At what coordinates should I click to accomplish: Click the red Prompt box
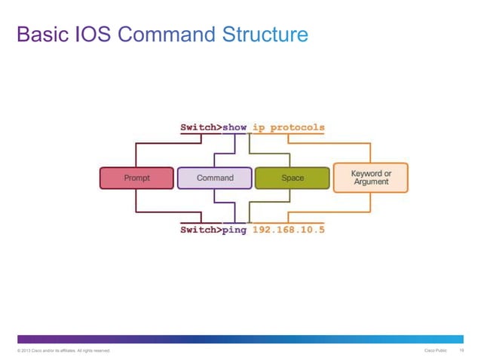(x=136, y=178)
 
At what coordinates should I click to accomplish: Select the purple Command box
(x=215, y=178)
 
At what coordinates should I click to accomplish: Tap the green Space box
(x=293, y=178)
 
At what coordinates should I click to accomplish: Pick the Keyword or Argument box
(x=371, y=178)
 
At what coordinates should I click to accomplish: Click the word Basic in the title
(x=41, y=35)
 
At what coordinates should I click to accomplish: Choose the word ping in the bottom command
(x=234, y=230)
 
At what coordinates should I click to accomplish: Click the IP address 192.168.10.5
(x=289, y=230)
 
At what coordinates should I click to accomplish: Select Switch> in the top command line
(x=200, y=127)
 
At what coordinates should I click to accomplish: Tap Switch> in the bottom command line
(x=200, y=230)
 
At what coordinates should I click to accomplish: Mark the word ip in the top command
(x=259, y=127)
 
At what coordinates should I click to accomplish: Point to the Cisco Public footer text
(x=437, y=351)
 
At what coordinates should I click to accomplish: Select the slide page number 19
(x=461, y=351)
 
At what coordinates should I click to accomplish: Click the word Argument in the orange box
(x=371, y=182)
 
